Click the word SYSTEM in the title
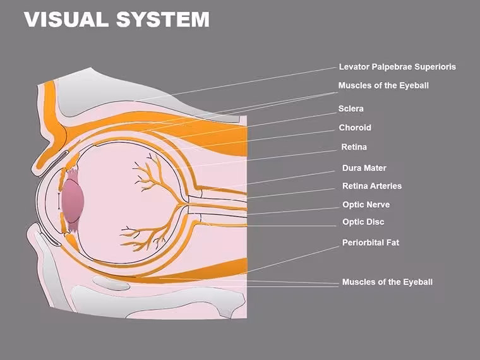coord(163,20)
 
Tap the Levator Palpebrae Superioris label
coord(397,67)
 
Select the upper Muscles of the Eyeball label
coord(383,85)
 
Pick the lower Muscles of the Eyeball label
coord(387,282)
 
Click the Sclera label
coord(351,109)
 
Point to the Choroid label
coord(355,128)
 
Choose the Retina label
coord(354,147)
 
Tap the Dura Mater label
coord(364,168)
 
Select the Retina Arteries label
coord(372,186)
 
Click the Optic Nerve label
coord(366,205)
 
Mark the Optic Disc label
coord(363,222)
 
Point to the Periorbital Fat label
coord(370,243)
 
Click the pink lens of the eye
coord(73,201)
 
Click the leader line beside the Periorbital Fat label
coord(292,260)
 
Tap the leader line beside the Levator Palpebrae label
coord(235,84)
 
